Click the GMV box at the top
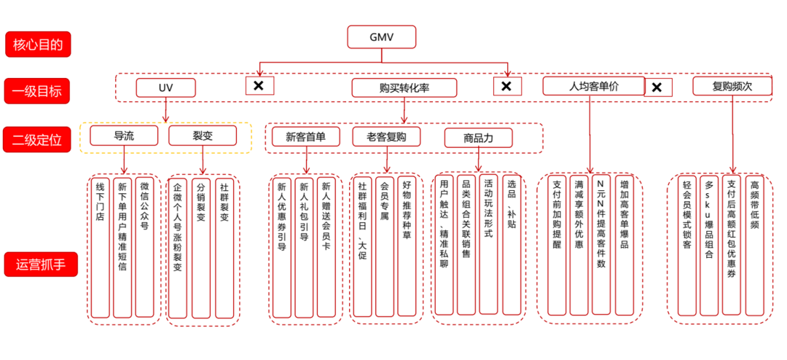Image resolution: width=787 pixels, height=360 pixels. (x=381, y=36)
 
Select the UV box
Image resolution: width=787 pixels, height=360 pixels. (x=165, y=88)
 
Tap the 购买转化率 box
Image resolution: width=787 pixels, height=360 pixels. (x=404, y=88)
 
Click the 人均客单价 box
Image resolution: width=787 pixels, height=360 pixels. (x=593, y=86)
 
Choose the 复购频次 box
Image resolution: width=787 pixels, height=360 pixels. (x=732, y=86)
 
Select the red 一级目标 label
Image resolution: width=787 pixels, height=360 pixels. (x=42, y=91)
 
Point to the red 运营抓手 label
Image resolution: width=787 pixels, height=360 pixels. (x=42, y=265)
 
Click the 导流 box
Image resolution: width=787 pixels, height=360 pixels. (x=123, y=136)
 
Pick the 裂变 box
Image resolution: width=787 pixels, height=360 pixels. (x=203, y=136)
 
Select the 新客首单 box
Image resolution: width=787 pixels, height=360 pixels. (x=305, y=136)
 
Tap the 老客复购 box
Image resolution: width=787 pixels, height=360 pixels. (x=386, y=136)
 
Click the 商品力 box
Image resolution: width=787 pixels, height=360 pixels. (x=478, y=137)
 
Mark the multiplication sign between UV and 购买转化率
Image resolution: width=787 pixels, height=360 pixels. (x=259, y=86)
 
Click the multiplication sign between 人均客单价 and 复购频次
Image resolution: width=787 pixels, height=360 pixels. (x=657, y=87)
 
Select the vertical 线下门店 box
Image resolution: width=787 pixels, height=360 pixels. (x=100, y=246)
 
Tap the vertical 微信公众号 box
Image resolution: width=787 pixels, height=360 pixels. (x=144, y=246)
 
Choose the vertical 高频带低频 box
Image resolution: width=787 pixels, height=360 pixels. (x=754, y=245)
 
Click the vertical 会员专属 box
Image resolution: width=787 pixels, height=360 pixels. (x=384, y=246)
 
